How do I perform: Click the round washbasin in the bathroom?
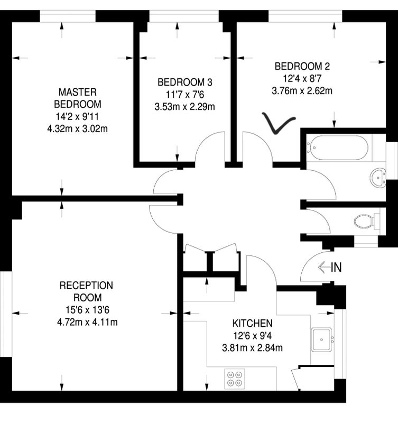378,178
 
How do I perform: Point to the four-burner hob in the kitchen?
235,379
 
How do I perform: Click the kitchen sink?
321,339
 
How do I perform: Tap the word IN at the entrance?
336,268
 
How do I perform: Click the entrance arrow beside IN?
324,268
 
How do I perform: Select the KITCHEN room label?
253,323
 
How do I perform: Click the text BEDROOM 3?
185,82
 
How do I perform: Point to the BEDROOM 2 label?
302,66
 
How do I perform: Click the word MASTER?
78,92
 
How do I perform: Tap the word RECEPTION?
86,286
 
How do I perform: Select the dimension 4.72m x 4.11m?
87,322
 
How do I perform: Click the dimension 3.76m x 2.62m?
302,90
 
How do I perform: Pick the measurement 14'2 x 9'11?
77,116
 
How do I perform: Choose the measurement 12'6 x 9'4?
253,336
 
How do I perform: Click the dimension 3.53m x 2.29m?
184,107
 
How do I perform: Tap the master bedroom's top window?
68,16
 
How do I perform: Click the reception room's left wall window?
6,314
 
